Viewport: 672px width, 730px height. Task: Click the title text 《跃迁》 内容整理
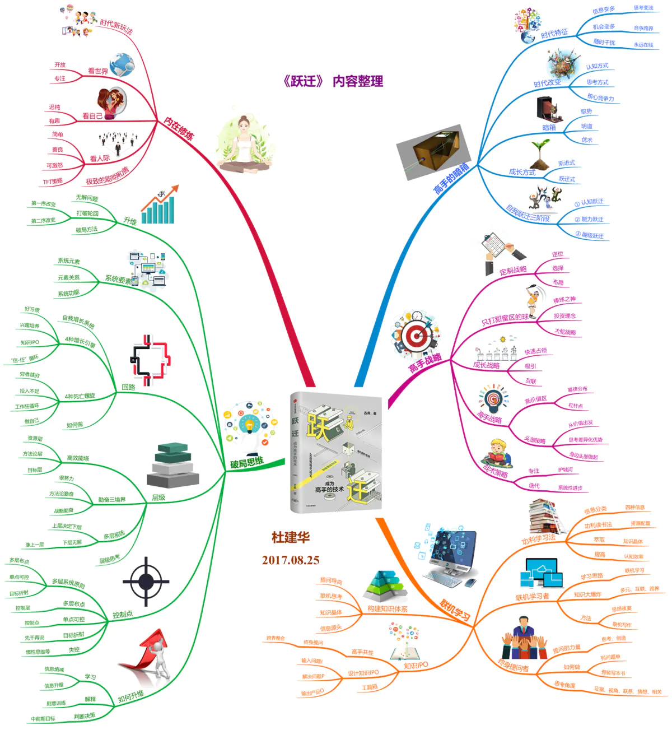(333, 81)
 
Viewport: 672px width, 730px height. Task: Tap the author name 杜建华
(291, 537)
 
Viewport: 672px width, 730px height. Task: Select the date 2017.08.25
(291, 560)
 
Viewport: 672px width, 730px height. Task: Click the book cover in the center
(335, 452)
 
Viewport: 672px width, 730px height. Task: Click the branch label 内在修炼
(179, 129)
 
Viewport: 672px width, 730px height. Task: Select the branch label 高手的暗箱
(451, 179)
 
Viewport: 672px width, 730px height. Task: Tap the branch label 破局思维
(246, 462)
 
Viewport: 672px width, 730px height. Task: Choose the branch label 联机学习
(454, 610)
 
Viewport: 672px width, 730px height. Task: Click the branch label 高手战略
(425, 363)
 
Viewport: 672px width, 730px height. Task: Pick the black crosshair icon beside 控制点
(146, 582)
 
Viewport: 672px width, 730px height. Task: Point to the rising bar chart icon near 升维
(159, 205)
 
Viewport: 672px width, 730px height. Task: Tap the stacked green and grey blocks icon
(173, 464)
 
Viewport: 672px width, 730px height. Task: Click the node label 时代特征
(554, 34)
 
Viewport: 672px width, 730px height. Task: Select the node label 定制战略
(513, 270)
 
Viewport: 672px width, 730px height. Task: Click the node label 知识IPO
(416, 665)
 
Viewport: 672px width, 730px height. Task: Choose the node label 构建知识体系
(388, 608)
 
